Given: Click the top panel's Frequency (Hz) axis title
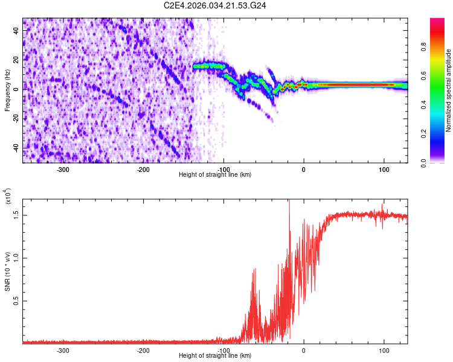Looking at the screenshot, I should coord(7,91).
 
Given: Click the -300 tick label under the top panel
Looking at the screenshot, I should coord(63,170).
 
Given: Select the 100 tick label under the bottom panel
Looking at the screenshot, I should coord(384,351).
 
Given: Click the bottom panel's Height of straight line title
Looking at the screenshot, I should coord(215,356).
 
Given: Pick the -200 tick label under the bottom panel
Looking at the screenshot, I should coord(143,351).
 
